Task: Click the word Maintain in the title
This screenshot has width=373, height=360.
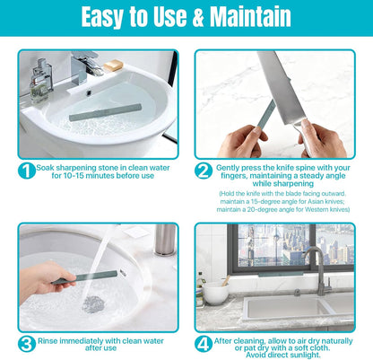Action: (250, 16)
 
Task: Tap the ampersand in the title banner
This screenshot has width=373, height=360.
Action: (197, 17)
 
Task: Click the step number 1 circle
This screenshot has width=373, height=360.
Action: (27, 171)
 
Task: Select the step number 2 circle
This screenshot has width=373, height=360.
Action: (204, 171)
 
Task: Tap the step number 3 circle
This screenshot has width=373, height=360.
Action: (27, 344)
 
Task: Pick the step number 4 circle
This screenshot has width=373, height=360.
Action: (204, 344)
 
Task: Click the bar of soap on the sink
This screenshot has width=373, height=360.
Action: (113, 66)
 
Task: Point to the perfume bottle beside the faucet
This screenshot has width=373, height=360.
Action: (41, 80)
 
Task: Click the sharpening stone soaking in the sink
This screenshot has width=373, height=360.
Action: (106, 112)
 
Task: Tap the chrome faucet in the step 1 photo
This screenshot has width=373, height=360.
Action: (85, 66)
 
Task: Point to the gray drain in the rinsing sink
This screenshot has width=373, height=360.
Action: (93, 304)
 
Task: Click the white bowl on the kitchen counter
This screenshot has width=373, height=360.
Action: (216, 293)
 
